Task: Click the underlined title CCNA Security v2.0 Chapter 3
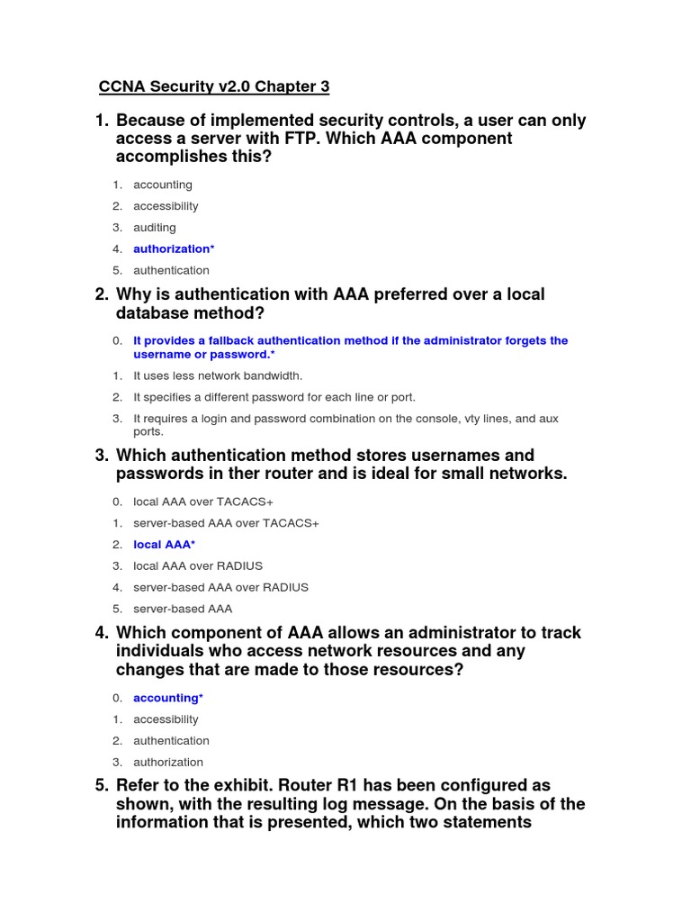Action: tap(213, 87)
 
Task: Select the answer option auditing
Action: tap(155, 228)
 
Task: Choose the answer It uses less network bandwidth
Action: tap(218, 375)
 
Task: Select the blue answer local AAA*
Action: tap(164, 545)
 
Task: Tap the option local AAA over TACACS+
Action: tap(202, 502)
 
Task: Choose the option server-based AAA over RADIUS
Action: tap(220, 587)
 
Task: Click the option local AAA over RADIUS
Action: tap(198, 565)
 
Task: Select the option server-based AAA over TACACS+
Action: tap(226, 523)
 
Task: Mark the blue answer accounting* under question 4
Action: tap(168, 698)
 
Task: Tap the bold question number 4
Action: tap(101, 633)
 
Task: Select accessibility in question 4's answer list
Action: tap(166, 719)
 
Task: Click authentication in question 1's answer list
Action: tap(171, 270)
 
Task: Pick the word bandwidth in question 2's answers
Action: tap(274, 375)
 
